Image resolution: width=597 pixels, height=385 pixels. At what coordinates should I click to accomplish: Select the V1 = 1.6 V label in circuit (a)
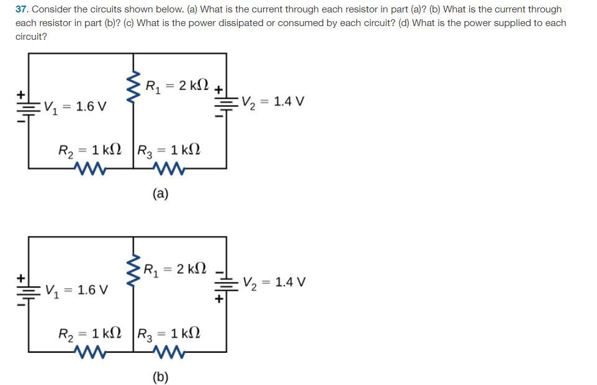(x=74, y=107)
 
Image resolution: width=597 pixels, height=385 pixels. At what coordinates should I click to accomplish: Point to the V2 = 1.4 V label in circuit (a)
(x=272, y=101)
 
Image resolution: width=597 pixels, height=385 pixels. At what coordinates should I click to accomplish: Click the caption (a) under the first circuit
(x=159, y=194)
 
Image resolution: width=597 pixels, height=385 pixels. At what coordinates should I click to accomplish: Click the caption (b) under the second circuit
(x=159, y=376)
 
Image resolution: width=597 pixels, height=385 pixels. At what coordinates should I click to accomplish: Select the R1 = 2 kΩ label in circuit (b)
(x=176, y=269)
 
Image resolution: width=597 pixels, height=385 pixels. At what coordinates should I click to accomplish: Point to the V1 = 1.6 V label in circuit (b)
(x=76, y=290)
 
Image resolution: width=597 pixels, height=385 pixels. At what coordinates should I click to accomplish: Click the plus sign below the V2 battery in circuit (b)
(x=219, y=299)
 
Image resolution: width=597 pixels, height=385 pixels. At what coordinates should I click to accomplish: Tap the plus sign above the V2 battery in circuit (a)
(x=219, y=90)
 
